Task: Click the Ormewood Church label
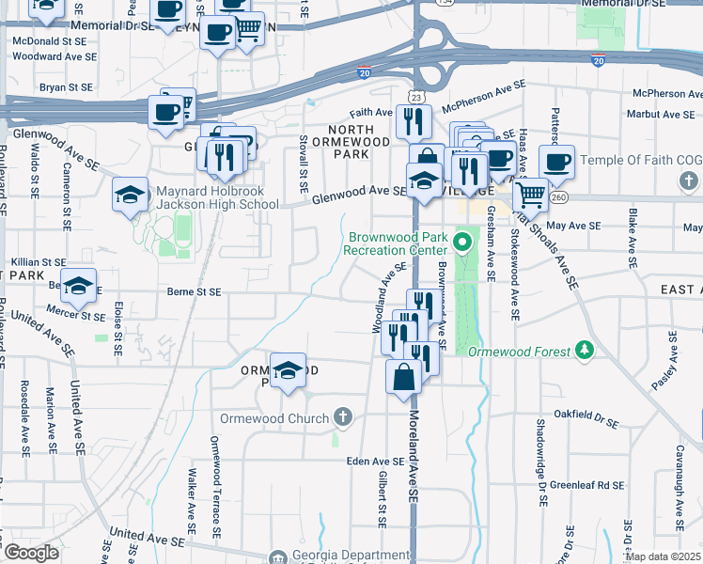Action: point(274,418)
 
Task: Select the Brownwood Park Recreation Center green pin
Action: point(461,243)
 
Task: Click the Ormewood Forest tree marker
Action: point(586,351)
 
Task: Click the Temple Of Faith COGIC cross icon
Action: point(689,180)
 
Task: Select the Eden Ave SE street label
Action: point(375,462)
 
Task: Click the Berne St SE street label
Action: point(194,292)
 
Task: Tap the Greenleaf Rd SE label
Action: point(587,485)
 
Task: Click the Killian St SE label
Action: point(38,262)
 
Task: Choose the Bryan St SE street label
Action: point(66,87)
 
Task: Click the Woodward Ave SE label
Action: point(55,56)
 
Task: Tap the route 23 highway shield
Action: point(414,98)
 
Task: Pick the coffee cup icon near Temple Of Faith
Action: point(556,160)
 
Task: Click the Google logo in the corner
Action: point(32,553)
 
